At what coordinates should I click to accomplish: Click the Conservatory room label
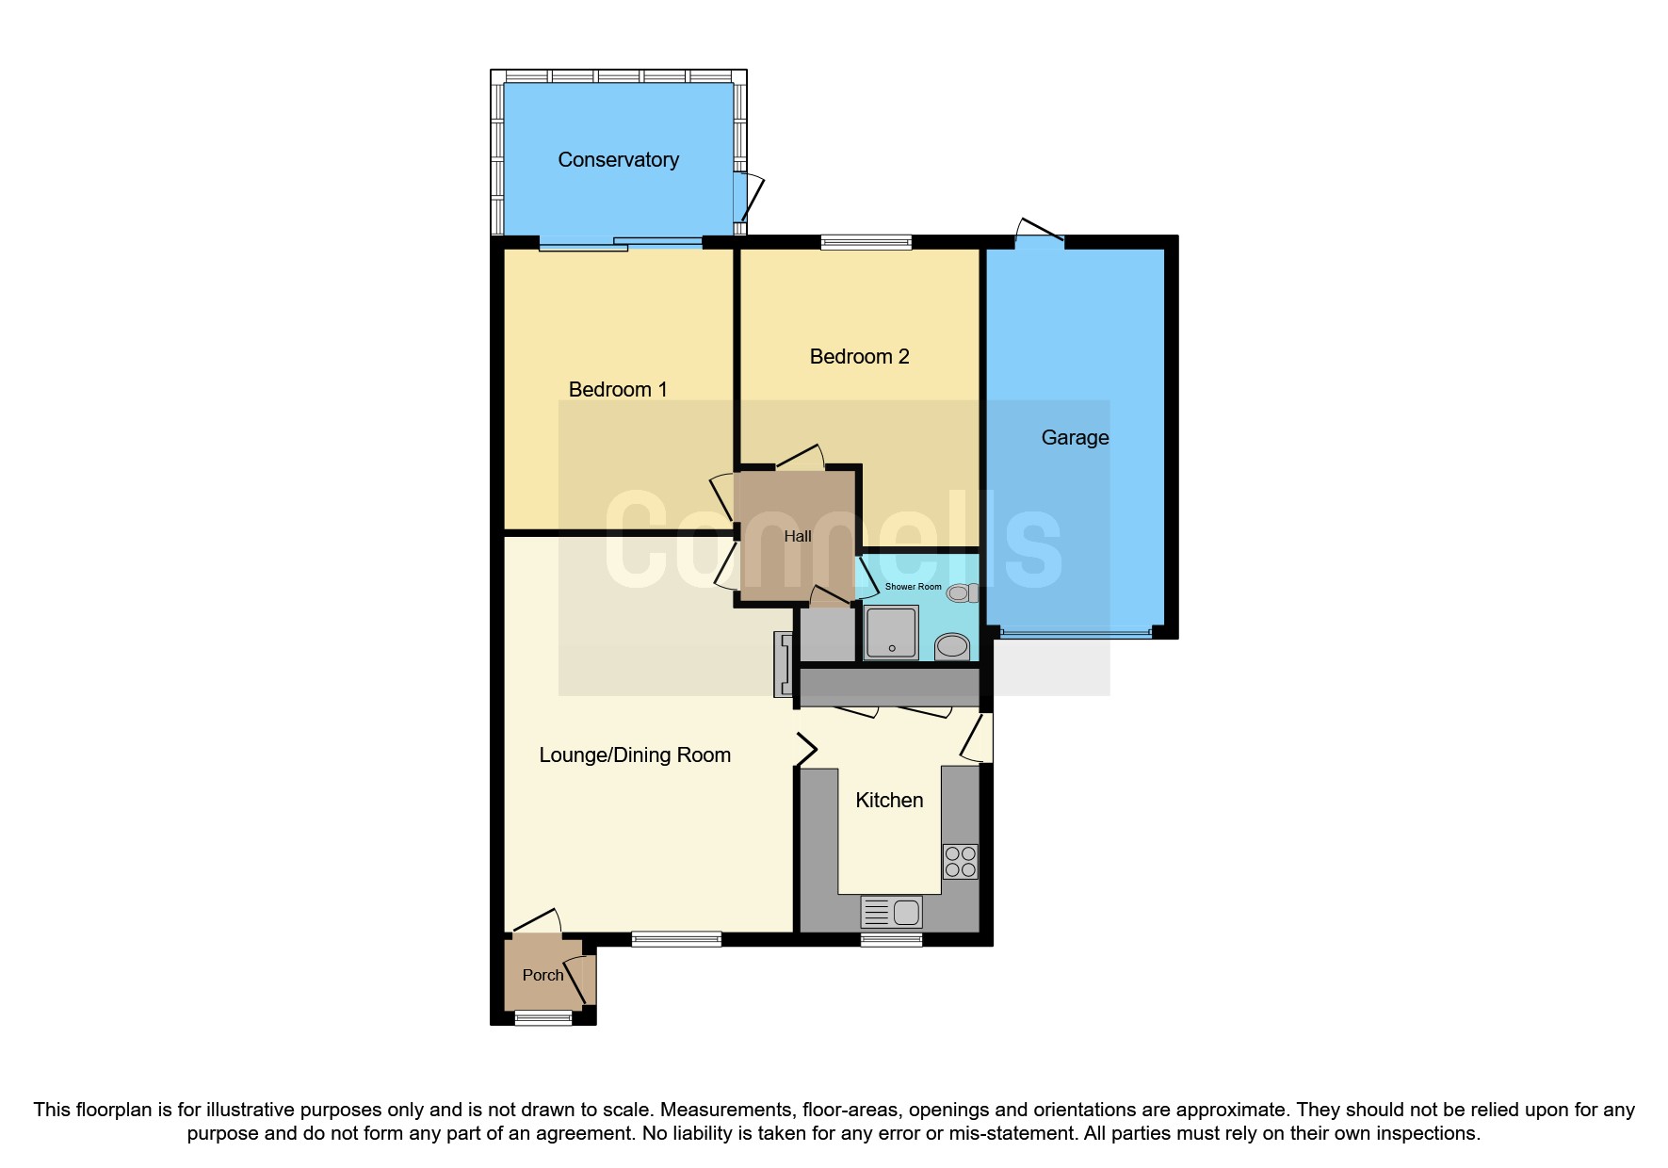coord(618,160)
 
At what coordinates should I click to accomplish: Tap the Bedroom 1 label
coord(618,390)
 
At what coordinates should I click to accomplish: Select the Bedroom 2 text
coord(859,357)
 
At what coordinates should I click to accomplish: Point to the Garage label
coord(1075,438)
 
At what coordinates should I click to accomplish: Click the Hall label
coord(797,537)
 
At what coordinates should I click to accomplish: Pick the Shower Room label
coord(913,587)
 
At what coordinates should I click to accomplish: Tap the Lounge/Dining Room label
coord(635,755)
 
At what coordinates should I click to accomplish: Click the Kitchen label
coord(889,801)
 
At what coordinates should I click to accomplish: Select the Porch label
coord(543,976)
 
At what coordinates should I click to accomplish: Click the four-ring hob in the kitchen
coord(960,862)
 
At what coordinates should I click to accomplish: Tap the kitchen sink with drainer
coord(891,912)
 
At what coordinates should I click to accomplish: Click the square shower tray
coord(890,632)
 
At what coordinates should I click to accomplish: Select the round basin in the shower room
coord(952,646)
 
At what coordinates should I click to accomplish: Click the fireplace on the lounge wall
coord(782,664)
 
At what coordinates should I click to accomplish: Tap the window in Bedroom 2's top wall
coord(866,243)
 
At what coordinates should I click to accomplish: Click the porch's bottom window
coord(543,1017)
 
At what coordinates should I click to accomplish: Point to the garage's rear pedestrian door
coord(1040,231)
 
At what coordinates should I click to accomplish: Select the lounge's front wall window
coord(675,938)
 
